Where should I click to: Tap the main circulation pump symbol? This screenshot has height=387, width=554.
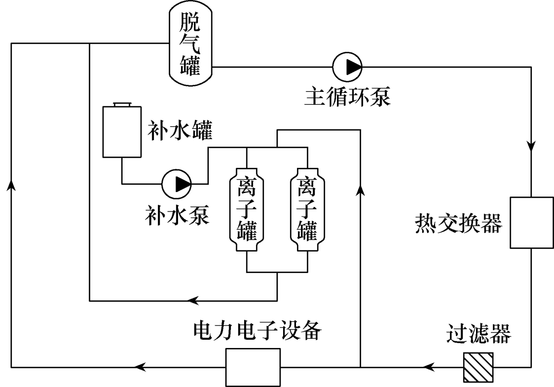tap(347, 67)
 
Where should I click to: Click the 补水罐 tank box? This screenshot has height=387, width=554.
tap(122, 131)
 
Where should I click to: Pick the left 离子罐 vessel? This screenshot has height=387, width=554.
tap(247, 210)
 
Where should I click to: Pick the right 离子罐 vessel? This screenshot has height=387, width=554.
tap(307, 210)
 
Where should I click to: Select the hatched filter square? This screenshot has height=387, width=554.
tap(478, 366)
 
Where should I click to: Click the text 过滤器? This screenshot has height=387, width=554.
tap(478, 335)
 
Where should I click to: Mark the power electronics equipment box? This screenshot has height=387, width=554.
tap(253, 366)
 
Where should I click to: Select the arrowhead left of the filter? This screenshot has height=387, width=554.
tap(429, 366)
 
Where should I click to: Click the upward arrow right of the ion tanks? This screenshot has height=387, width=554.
tap(361, 190)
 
